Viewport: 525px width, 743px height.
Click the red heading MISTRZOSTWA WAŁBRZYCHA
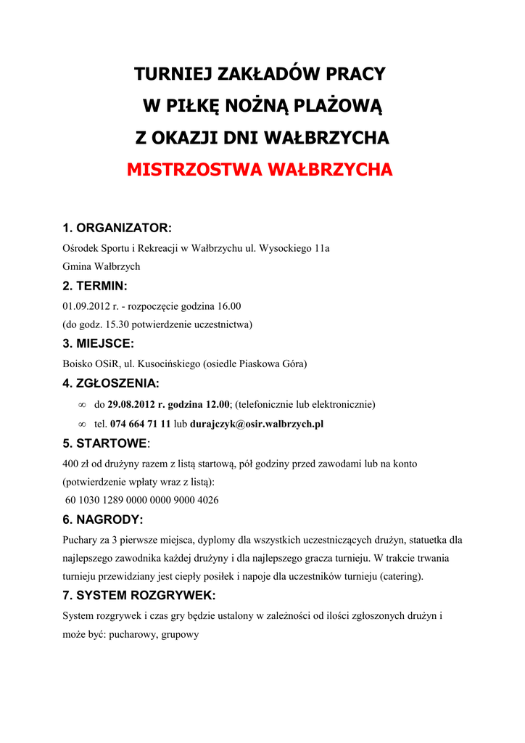pyautogui.click(x=260, y=170)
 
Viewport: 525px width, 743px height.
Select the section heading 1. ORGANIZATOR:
pyautogui.click(x=117, y=229)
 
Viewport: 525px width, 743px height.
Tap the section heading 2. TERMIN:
pyautogui.click(x=95, y=286)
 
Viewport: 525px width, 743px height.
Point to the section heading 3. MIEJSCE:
pyautogui.click(x=99, y=343)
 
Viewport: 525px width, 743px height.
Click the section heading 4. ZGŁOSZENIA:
pyautogui.click(x=111, y=383)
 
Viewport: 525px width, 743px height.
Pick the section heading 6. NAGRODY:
pyautogui.click(x=103, y=520)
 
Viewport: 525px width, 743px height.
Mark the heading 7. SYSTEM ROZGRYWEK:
pyautogui.click(x=139, y=596)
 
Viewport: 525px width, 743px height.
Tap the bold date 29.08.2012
pyautogui.click(x=131, y=404)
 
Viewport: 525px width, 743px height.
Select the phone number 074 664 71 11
pyautogui.click(x=140, y=424)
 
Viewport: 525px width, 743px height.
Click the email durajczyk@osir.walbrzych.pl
pyautogui.click(x=256, y=424)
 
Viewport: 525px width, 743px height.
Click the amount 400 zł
pyautogui.click(x=76, y=464)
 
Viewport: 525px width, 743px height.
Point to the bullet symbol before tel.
pyautogui.click(x=81, y=424)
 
